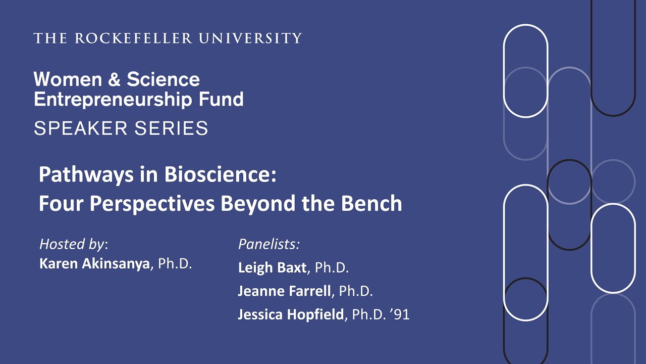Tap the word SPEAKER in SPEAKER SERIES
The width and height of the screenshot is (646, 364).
[x=80, y=128]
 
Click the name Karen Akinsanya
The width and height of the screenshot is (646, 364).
[x=95, y=264]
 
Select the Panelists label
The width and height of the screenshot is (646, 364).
[x=269, y=244]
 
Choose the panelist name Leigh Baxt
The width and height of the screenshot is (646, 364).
[x=272, y=267]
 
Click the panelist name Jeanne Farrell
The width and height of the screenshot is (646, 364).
[x=284, y=291]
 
